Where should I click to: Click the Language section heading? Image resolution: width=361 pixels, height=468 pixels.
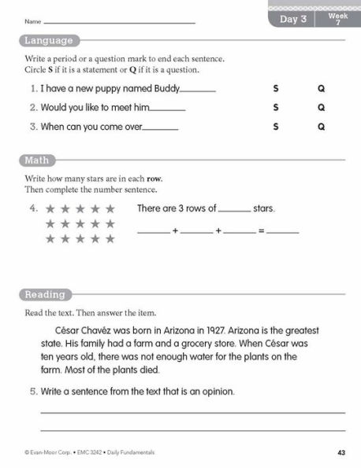coord(48,41)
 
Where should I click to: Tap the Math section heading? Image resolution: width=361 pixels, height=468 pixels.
coord(37,160)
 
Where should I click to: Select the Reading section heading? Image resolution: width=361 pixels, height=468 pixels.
coord(45,295)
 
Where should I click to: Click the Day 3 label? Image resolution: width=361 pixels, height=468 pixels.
coord(293,19)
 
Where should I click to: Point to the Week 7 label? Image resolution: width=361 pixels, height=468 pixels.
coord(337,19)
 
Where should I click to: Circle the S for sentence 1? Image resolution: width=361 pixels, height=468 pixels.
coord(276,89)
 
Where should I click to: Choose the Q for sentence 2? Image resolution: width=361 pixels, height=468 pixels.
coord(321,108)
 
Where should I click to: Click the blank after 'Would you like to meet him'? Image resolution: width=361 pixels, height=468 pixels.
coord(167,109)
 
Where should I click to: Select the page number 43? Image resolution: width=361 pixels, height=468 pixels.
coord(341,451)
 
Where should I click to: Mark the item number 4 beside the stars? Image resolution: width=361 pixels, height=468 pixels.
coord(33,209)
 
